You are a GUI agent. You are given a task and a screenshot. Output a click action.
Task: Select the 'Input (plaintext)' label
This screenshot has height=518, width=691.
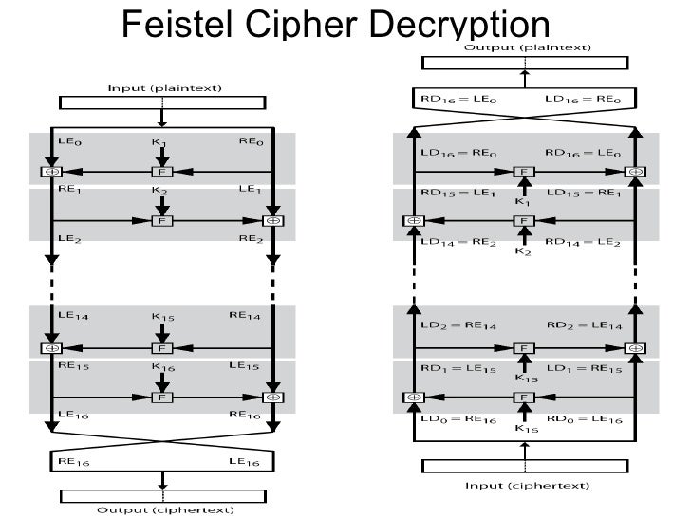164,87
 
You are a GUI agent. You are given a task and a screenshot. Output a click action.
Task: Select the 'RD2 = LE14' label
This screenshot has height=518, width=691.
585,325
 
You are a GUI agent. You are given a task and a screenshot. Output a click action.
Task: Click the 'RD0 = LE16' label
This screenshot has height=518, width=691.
585,418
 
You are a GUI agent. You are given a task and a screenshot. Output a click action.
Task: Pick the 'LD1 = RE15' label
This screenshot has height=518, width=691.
585,368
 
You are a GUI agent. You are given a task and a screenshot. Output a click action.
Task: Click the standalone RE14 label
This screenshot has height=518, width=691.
252,316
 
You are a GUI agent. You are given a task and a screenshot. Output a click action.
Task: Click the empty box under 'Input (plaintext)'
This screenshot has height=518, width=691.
164,102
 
